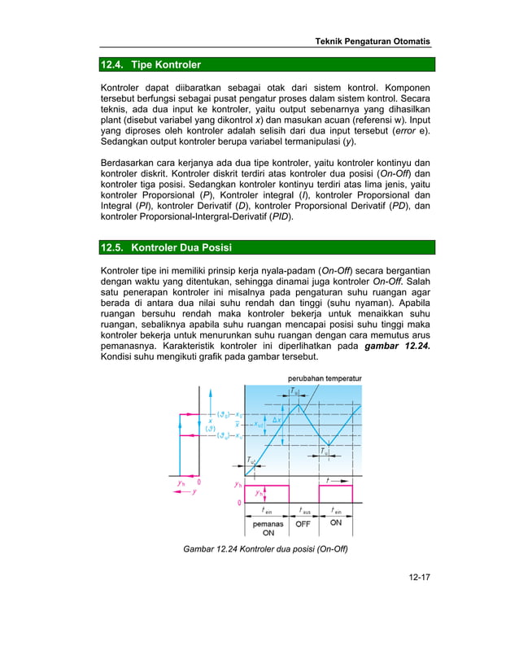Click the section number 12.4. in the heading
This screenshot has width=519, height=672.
(112, 64)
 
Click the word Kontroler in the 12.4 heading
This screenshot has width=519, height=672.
(177, 64)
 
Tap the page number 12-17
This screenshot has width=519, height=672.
(420, 578)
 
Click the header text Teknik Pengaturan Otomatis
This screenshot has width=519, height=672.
(373, 41)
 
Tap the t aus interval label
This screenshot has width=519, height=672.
(305, 511)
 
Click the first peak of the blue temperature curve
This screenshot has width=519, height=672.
(298, 404)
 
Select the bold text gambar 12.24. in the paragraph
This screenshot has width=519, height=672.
(397, 346)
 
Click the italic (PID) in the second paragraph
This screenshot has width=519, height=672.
(279, 217)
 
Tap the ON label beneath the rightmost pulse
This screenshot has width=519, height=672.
(336, 524)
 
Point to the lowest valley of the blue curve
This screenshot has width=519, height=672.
(328, 444)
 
